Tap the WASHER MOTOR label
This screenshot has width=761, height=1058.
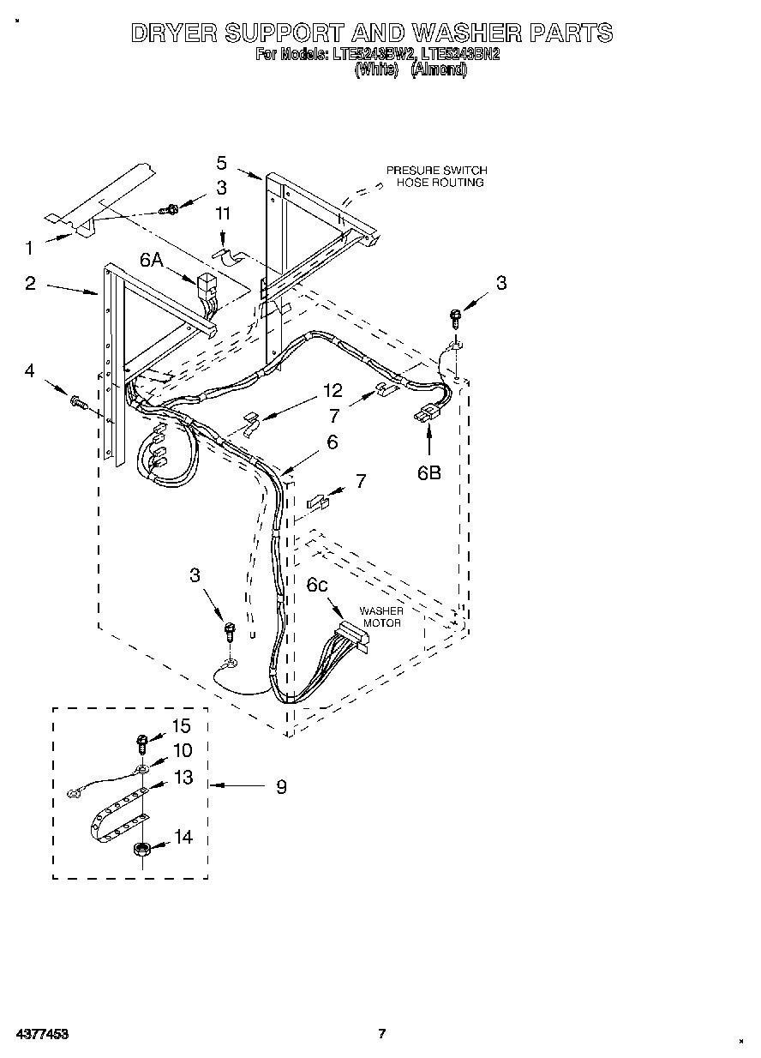380,617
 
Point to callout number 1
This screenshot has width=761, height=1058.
29,249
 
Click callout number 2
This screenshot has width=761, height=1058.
30,284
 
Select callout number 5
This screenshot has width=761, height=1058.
222,163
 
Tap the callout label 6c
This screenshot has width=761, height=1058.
316,585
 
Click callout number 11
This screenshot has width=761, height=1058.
223,213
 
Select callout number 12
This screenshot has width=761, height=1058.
332,391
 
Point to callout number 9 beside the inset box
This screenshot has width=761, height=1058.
281,785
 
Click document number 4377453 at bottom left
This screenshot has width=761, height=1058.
41,1034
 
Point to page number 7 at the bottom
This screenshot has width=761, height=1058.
383,1034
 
